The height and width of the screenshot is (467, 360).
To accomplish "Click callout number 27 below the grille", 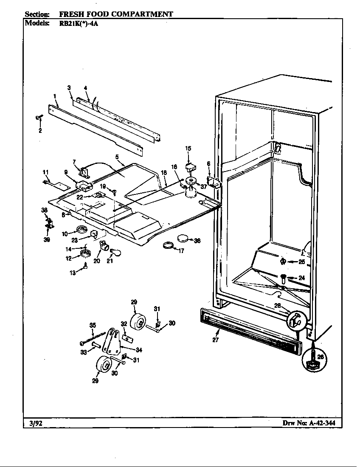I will click(216, 340).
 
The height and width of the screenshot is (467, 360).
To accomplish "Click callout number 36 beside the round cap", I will click(197, 241).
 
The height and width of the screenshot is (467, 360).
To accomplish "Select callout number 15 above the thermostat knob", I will click(188, 148).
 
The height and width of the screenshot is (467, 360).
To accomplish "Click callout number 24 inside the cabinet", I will click(301, 278).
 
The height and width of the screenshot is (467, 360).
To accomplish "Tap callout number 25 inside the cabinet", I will click(301, 262).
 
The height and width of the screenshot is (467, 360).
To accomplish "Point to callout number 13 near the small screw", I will click(73, 273).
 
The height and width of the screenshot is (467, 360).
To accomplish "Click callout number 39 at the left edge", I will click(46, 239).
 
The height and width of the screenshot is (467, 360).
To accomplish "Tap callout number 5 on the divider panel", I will click(117, 157).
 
